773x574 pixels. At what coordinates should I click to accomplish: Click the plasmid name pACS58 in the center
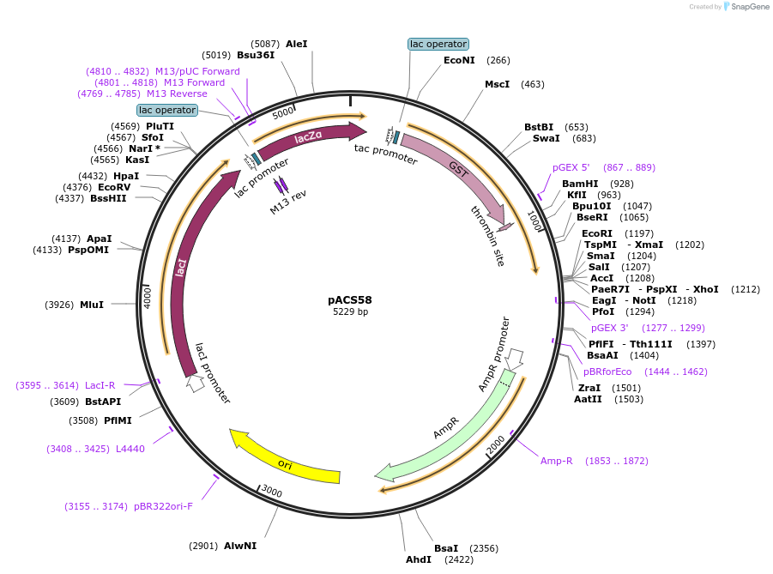click(x=350, y=300)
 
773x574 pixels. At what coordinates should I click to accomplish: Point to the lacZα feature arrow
click(x=309, y=139)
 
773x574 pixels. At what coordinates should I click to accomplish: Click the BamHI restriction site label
click(x=580, y=184)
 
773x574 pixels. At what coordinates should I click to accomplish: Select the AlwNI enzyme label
click(x=240, y=546)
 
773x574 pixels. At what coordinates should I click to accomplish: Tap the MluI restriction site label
click(x=92, y=305)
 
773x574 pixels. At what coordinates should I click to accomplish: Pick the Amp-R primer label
click(x=556, y=461)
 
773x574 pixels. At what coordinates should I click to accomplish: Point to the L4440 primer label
click(x=130, y=449)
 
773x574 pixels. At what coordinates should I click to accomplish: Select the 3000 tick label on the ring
click(x=271, y=492)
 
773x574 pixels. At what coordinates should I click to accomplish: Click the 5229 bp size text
click(x=350, y=312)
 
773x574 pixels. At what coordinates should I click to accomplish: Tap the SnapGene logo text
click(x=749, y=7)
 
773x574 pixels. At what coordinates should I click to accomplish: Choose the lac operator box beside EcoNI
click(x=438, y=44)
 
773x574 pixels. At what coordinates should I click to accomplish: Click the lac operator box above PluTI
click(x=167, y=110)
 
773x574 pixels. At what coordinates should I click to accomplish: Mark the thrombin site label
click(x=487, y=236)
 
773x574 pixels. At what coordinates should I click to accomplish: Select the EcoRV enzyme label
click(x=114, y=187)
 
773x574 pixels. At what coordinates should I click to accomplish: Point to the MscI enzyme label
click(x=497, y=84)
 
